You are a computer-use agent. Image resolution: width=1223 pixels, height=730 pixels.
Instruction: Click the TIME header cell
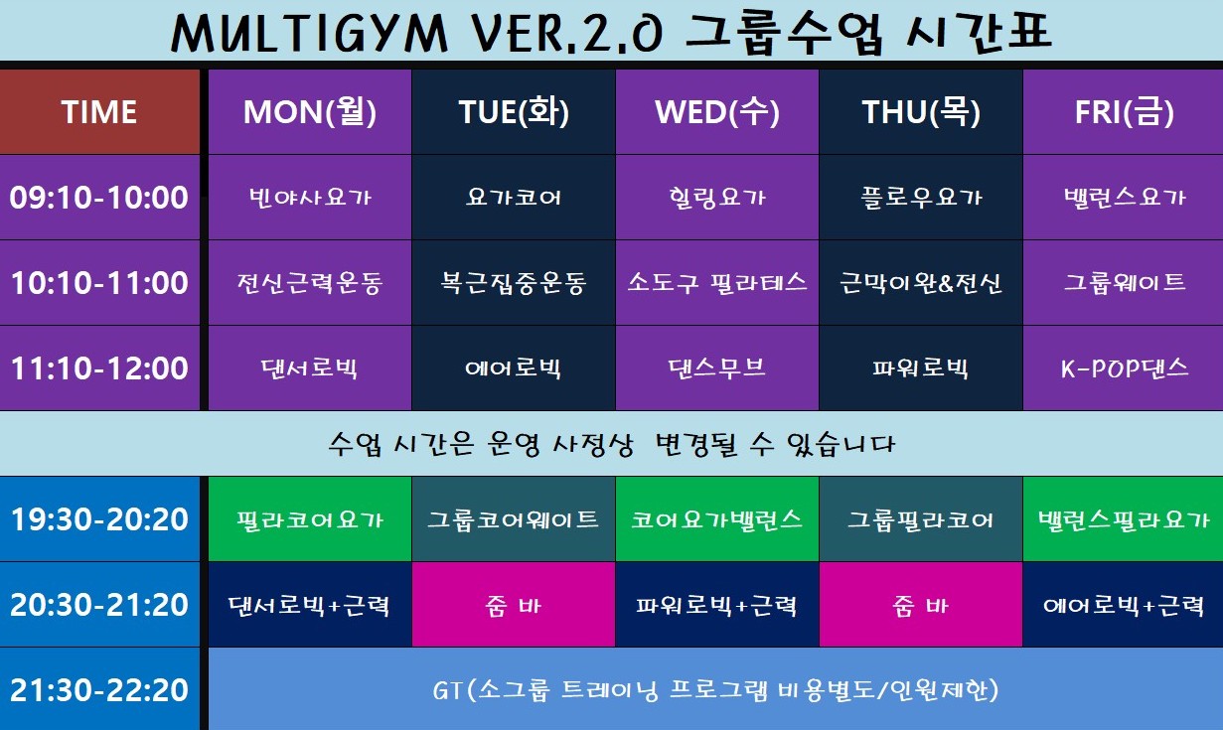coord(99,112)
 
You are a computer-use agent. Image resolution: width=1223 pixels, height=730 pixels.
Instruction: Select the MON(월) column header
coord(310,112)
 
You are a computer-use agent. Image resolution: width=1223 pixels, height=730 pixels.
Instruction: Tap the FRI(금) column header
coord(1124,112)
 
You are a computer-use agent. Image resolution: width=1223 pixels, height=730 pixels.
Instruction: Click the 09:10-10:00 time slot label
coord(99,198)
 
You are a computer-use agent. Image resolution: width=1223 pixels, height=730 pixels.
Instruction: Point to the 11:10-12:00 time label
coord(99,368)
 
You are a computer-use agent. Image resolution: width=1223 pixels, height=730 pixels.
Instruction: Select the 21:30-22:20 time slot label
coord(99,689)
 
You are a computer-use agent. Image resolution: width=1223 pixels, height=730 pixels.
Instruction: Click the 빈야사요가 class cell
coord(310,198)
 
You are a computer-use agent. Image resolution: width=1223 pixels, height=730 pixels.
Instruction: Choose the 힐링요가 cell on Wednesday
coord(717,198)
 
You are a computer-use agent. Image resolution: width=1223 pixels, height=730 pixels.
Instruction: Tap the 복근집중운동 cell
coord(514,283)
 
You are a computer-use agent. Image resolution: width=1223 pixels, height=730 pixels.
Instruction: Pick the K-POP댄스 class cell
coord(1124,368)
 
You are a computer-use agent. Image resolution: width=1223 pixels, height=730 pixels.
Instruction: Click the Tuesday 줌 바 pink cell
coord(514,605)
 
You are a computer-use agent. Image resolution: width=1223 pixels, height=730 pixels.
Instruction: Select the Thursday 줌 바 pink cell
coord(921,605)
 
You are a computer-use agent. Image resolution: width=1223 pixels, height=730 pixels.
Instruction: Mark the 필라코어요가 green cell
coord(310,519)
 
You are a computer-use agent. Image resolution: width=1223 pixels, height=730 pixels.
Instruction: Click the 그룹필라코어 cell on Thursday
coord(921,519)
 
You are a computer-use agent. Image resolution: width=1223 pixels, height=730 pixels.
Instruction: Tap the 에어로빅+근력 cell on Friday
coord(1124,605)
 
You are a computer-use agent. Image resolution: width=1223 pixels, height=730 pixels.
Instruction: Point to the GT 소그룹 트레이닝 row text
coord(715,689)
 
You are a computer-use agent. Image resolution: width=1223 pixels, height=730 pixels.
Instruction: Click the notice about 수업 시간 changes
coord(611,444)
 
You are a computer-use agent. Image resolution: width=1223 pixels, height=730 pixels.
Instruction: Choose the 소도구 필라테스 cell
coord(717,283)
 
